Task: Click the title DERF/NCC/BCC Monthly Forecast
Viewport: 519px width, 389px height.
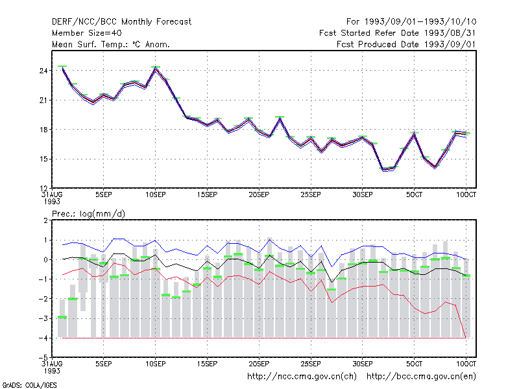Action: (x=121, y=22)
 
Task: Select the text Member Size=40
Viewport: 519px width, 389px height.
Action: (x=87, y=33)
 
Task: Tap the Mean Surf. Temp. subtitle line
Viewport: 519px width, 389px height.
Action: (x=111, y=44)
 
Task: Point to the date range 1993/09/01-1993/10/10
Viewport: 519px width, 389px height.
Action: (x=420, y=22)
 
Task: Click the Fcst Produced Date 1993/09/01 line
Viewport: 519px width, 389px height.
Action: (x=406, y=44)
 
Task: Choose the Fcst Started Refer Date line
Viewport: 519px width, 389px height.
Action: (x=397, y=33)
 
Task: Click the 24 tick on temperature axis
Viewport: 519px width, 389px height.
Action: (x=43, y=71)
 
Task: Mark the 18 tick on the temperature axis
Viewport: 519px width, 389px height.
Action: (x=43, y=129)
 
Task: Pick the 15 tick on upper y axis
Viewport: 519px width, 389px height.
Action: (x=43, y=159)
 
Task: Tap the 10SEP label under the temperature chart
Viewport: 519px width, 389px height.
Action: (x=155, y=194)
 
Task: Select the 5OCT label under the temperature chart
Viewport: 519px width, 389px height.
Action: (x=414, y=194)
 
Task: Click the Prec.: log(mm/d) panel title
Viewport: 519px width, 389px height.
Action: (x=88, y=214)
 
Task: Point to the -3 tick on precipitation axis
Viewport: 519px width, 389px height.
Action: (x=43, y=318)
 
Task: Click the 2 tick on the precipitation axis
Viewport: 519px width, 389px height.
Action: (x=45, y=220)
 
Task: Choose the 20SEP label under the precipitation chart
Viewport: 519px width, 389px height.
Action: (x=259, y=364)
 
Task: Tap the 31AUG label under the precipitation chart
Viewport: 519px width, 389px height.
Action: (x=52, y=364)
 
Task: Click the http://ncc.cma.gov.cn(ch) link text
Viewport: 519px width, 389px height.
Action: (x=302, y=377)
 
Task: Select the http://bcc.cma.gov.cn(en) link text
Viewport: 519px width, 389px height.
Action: (x=421, y=377)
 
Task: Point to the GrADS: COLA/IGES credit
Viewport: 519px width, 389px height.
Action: (x=29, y=385)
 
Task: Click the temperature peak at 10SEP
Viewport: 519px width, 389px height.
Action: (x=155, y=67)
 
